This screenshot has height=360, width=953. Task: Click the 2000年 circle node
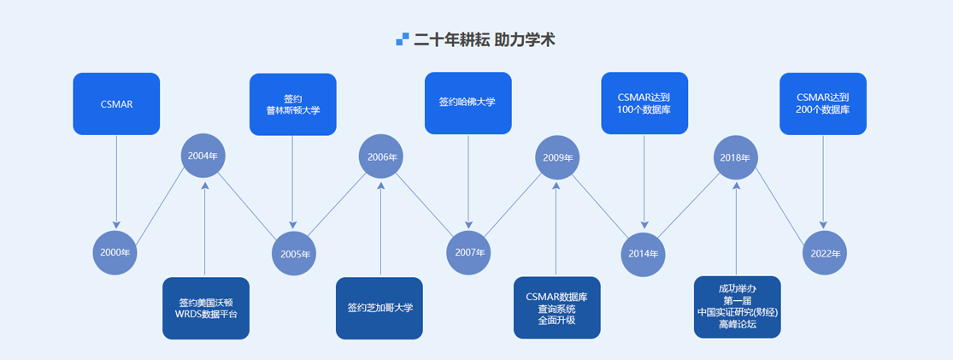pos(115,252)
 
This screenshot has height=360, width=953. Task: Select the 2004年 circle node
pos(203,156)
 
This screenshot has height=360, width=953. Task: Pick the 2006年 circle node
pos(381,156)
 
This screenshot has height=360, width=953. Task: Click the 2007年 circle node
pos(469,252)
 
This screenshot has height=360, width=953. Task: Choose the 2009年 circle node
pos(557,157)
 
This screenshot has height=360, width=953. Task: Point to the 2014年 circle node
pos(644,253)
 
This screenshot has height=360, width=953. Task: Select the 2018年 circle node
pos(735,157)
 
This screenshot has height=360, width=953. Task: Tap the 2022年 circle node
pos(825,253)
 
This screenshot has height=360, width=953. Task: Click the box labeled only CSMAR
pos(116,104)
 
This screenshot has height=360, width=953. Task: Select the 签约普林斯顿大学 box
pos(292,104)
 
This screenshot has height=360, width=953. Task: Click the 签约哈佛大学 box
pos(468,103)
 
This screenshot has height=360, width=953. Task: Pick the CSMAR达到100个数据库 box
pos(644,103)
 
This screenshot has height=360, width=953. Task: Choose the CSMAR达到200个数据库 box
pos(822,103)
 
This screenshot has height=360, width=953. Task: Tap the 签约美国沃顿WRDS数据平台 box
pos(206,308)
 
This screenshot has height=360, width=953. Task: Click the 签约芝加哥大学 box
pos(379,308)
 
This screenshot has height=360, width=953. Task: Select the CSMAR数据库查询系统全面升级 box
pos(556,308)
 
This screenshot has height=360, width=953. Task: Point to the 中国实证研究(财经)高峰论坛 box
pos(737,307)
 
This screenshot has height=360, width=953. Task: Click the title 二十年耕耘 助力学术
pos(487,39)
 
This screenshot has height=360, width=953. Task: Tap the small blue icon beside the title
pos(403,39)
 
